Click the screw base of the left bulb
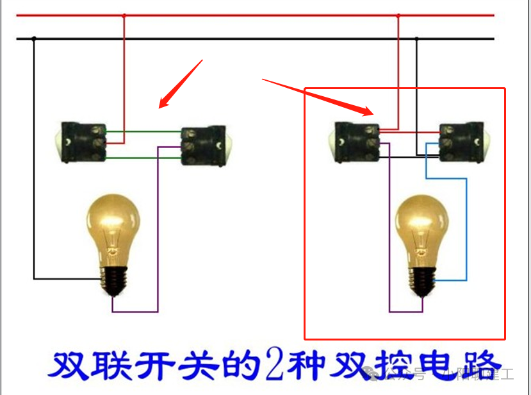tap(113, 280)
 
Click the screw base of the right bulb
tap(421, 280)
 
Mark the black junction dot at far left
tap(34, 39)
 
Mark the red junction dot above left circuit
tap(124, 15)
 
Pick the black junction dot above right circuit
tap(417, 39)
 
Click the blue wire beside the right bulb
tap(466, 231)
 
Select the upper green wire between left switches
tap(143, 133)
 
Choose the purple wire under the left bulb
tap(135, 312)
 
